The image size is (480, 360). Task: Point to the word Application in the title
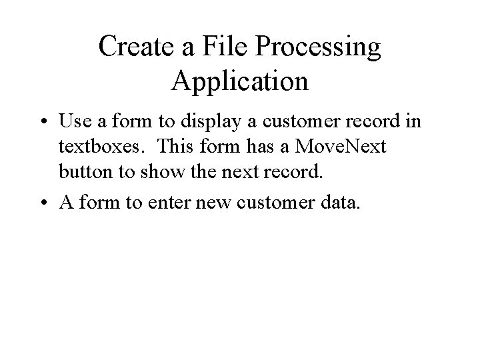coord(240,81)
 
